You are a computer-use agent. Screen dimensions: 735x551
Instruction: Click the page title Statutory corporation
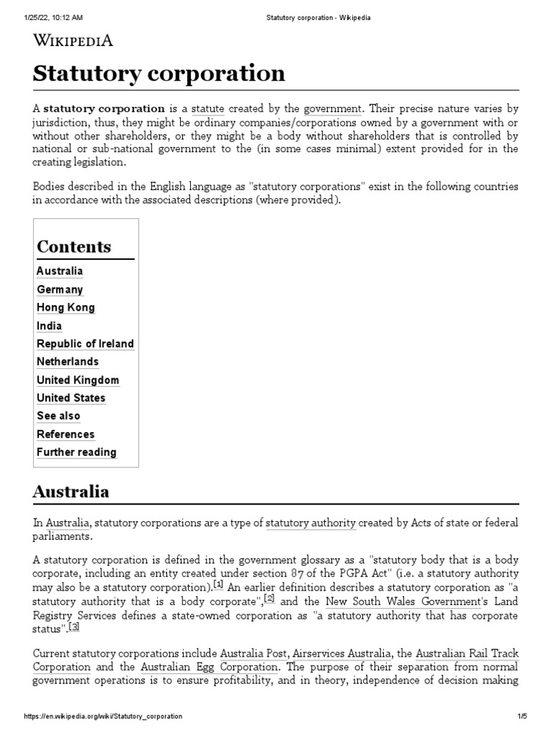[159, 73]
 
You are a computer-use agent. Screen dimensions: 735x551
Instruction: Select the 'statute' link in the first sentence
[207, 109]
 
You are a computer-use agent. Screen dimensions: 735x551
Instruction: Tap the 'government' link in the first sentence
[332, 109]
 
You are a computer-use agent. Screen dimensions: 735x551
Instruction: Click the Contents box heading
[74, 246]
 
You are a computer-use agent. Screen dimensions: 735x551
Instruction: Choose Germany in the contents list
[60, 289]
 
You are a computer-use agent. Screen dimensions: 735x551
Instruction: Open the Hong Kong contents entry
[65, 307]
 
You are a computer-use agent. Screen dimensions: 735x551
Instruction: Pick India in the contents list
[49, 326]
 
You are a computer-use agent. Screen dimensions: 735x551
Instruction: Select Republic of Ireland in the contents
[85, 344]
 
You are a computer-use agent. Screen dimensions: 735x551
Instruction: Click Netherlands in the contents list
[67, 362]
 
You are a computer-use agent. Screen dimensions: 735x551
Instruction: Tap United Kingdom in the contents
[77, 380]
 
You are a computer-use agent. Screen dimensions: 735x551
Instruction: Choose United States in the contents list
[70, 398]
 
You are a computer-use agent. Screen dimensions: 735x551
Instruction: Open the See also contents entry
[58, 416]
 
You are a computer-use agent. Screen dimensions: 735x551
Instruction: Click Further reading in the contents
[76, 452]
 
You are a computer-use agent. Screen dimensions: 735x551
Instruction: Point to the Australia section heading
[71, 492]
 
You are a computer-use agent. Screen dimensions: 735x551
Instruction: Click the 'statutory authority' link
[311, 523]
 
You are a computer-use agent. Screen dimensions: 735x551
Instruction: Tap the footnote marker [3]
[74, 626]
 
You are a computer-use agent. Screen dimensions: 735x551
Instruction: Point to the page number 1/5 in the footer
[522, 716]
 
